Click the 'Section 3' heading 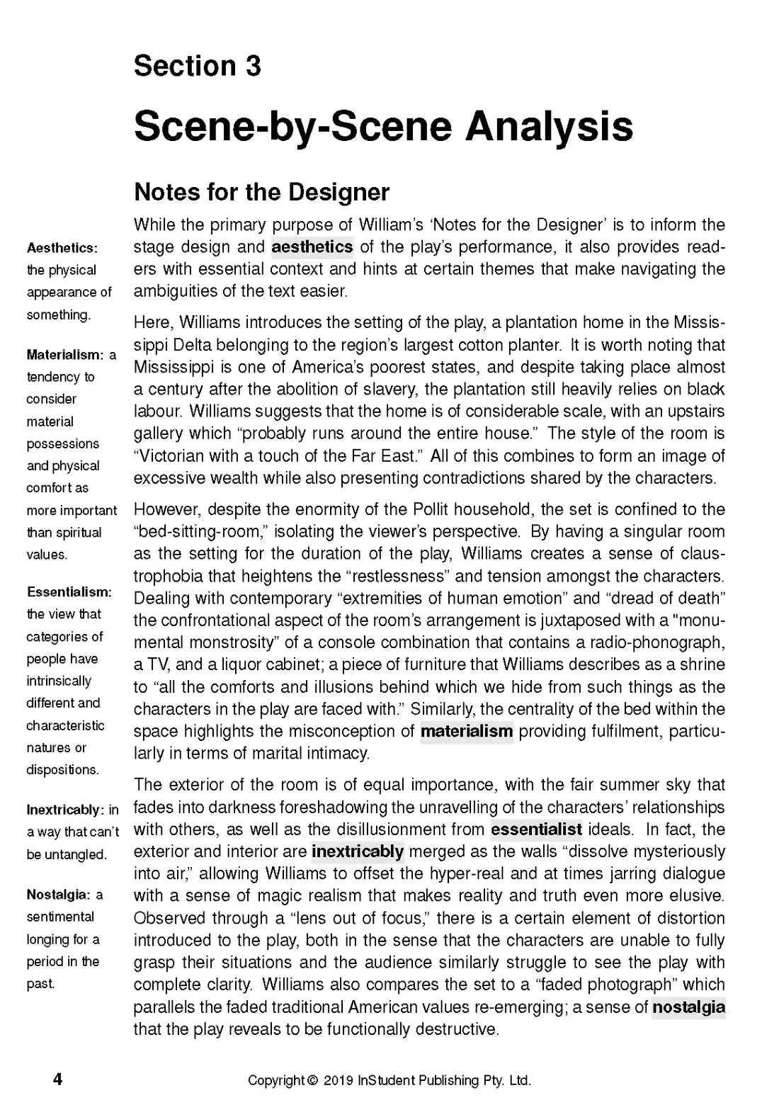[x=197, y=66]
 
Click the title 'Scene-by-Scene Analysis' [x=383, y=126]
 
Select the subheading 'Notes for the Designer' [x=261, y=192]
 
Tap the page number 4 [x=58, y=1079]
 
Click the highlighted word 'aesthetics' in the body [x=312, y=246]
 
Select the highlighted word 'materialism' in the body [x=466, y=731]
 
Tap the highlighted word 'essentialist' [x=536, y=829]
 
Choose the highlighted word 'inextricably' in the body [x=357, y=851]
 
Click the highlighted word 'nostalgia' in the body [x=688, y=1007]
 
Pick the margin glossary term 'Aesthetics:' [x=62, y=248]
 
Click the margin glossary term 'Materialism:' [x=64, y=354]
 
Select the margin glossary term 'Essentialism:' [x=69, y=591]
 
